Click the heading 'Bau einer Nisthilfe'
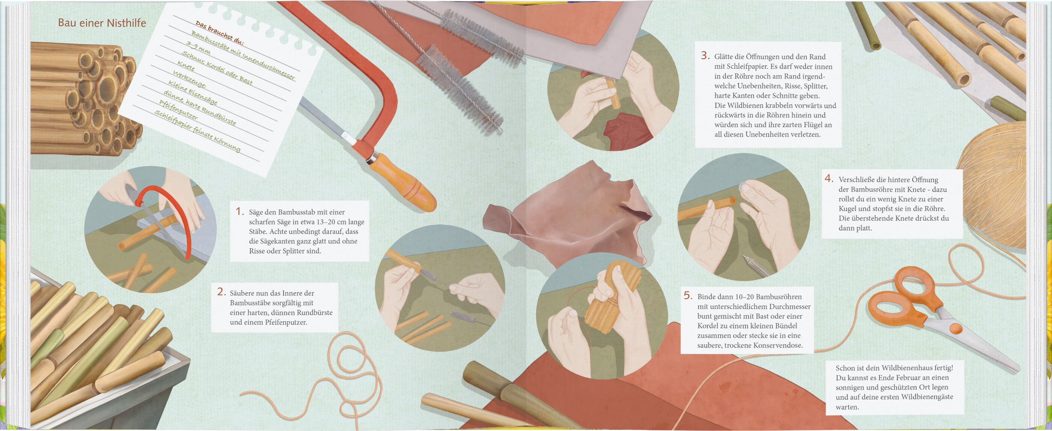102,23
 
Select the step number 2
221,292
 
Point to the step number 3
705,56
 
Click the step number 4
829,178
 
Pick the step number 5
688,295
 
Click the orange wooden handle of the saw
402,182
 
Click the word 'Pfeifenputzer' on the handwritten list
178,110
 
